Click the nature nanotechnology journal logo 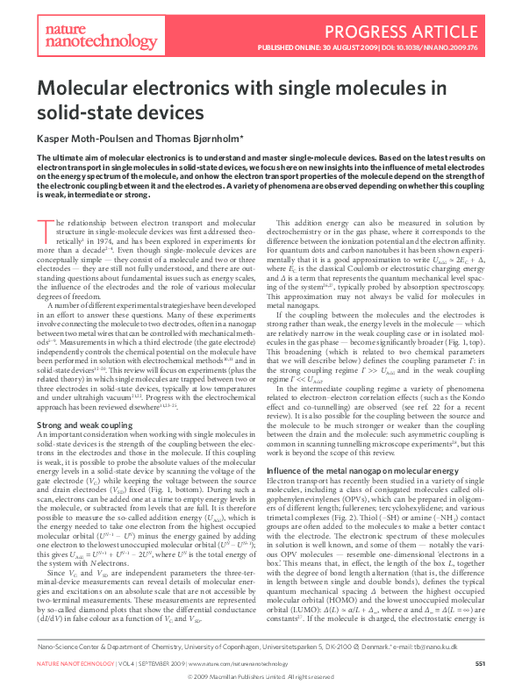pyautogui.click(x=76, y=35)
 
